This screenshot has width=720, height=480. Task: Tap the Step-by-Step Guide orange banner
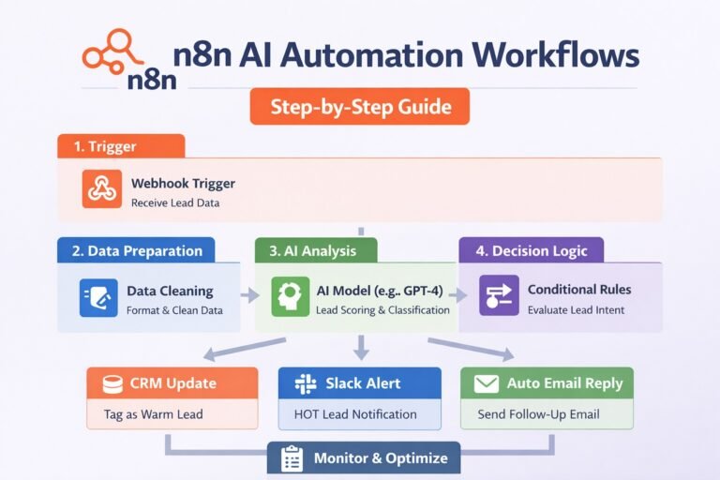tap(360, 106)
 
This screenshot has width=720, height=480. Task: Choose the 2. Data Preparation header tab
tap(136, 250)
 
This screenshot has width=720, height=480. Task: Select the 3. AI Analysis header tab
tap(316, 250)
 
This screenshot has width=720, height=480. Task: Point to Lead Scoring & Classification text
tap(382, 310)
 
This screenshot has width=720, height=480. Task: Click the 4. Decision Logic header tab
tap(531, 250)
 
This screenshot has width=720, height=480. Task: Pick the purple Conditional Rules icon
tap(498, 295)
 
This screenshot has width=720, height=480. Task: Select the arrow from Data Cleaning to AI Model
tap(249, 296)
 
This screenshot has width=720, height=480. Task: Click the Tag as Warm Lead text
tap(152, 413)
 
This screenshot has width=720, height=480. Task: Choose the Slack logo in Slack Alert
tap(305, 383)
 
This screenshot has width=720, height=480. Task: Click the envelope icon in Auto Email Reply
tap(486, 383)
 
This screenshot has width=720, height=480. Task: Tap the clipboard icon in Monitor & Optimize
tap(292, 458)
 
